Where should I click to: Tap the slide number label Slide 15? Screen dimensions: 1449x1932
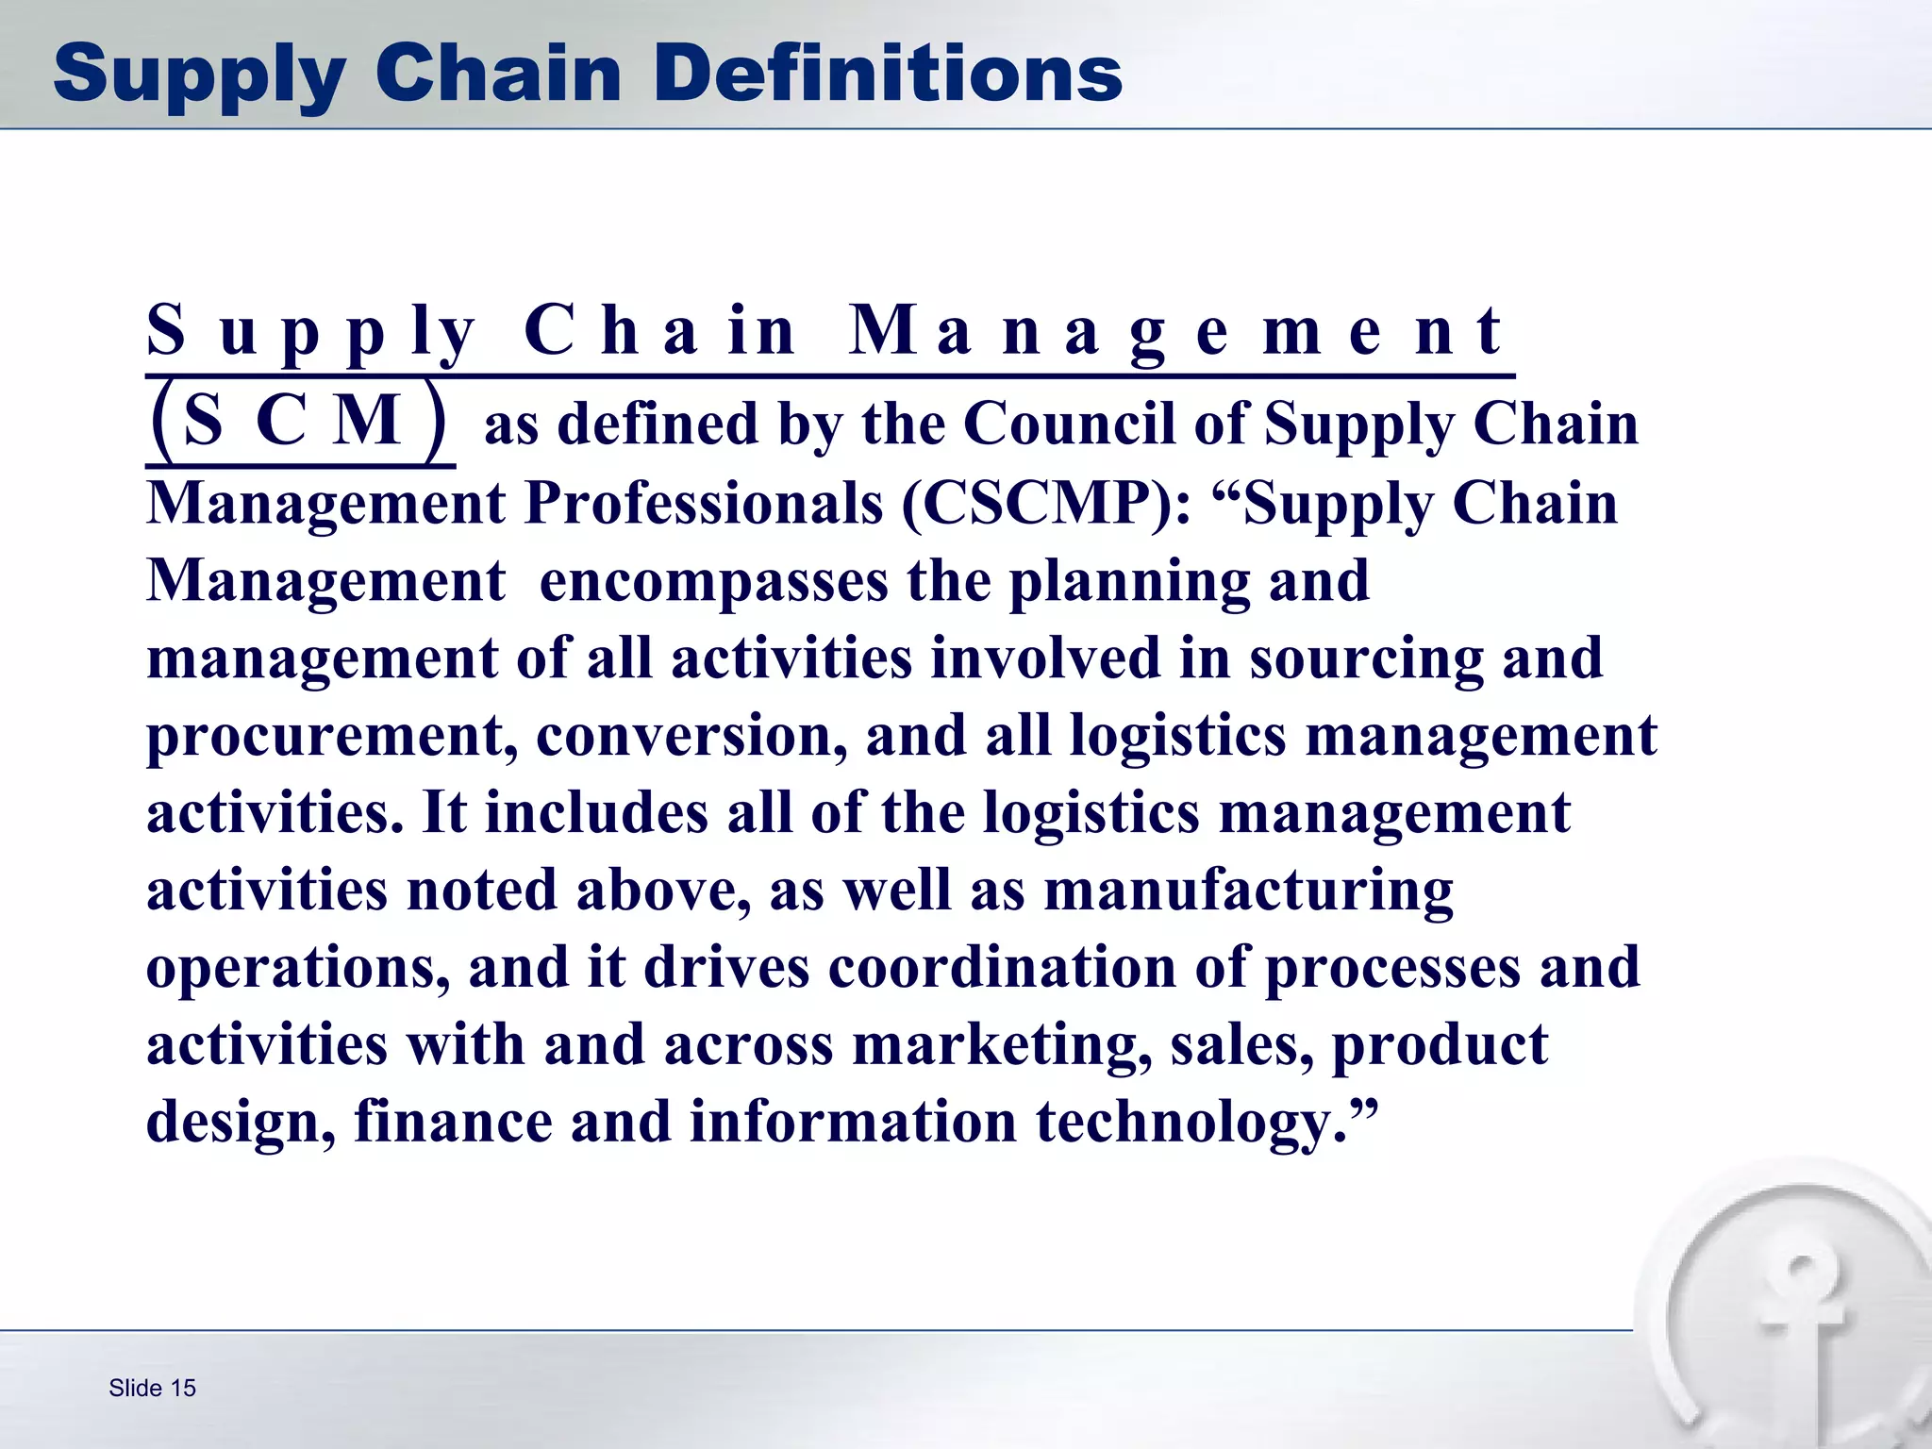(x=152, y=1388)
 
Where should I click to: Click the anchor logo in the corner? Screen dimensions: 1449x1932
(x=1797, y=1321)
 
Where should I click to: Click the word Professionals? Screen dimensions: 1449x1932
(x=703, y=504)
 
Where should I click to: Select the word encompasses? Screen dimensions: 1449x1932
(x=713, y=581)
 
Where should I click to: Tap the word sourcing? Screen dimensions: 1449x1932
(x=1366, y=658)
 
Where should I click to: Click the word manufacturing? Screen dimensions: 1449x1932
(x=1248, y=891)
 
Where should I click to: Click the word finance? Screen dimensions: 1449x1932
(x=453, y=1124)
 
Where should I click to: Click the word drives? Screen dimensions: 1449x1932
(x=725, y=968)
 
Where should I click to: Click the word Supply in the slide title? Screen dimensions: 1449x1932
(x=198, y=75)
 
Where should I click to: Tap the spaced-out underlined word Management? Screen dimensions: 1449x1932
(x=1174, y=332)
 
